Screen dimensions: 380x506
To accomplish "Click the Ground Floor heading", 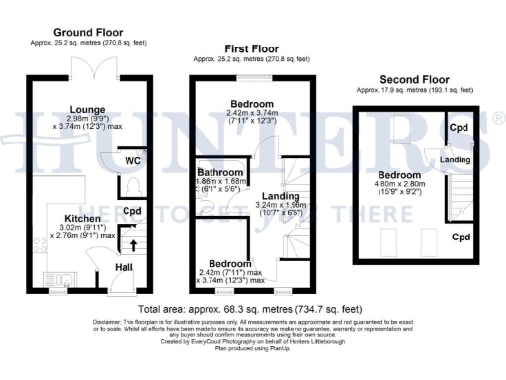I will click(80, 32).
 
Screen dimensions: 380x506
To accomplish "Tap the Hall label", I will click(125, 267).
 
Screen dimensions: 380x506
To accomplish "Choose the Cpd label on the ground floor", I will click(132, 210).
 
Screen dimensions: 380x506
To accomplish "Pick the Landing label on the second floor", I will click(455, 159).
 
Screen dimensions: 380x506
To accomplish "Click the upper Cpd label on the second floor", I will click(457, 128).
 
